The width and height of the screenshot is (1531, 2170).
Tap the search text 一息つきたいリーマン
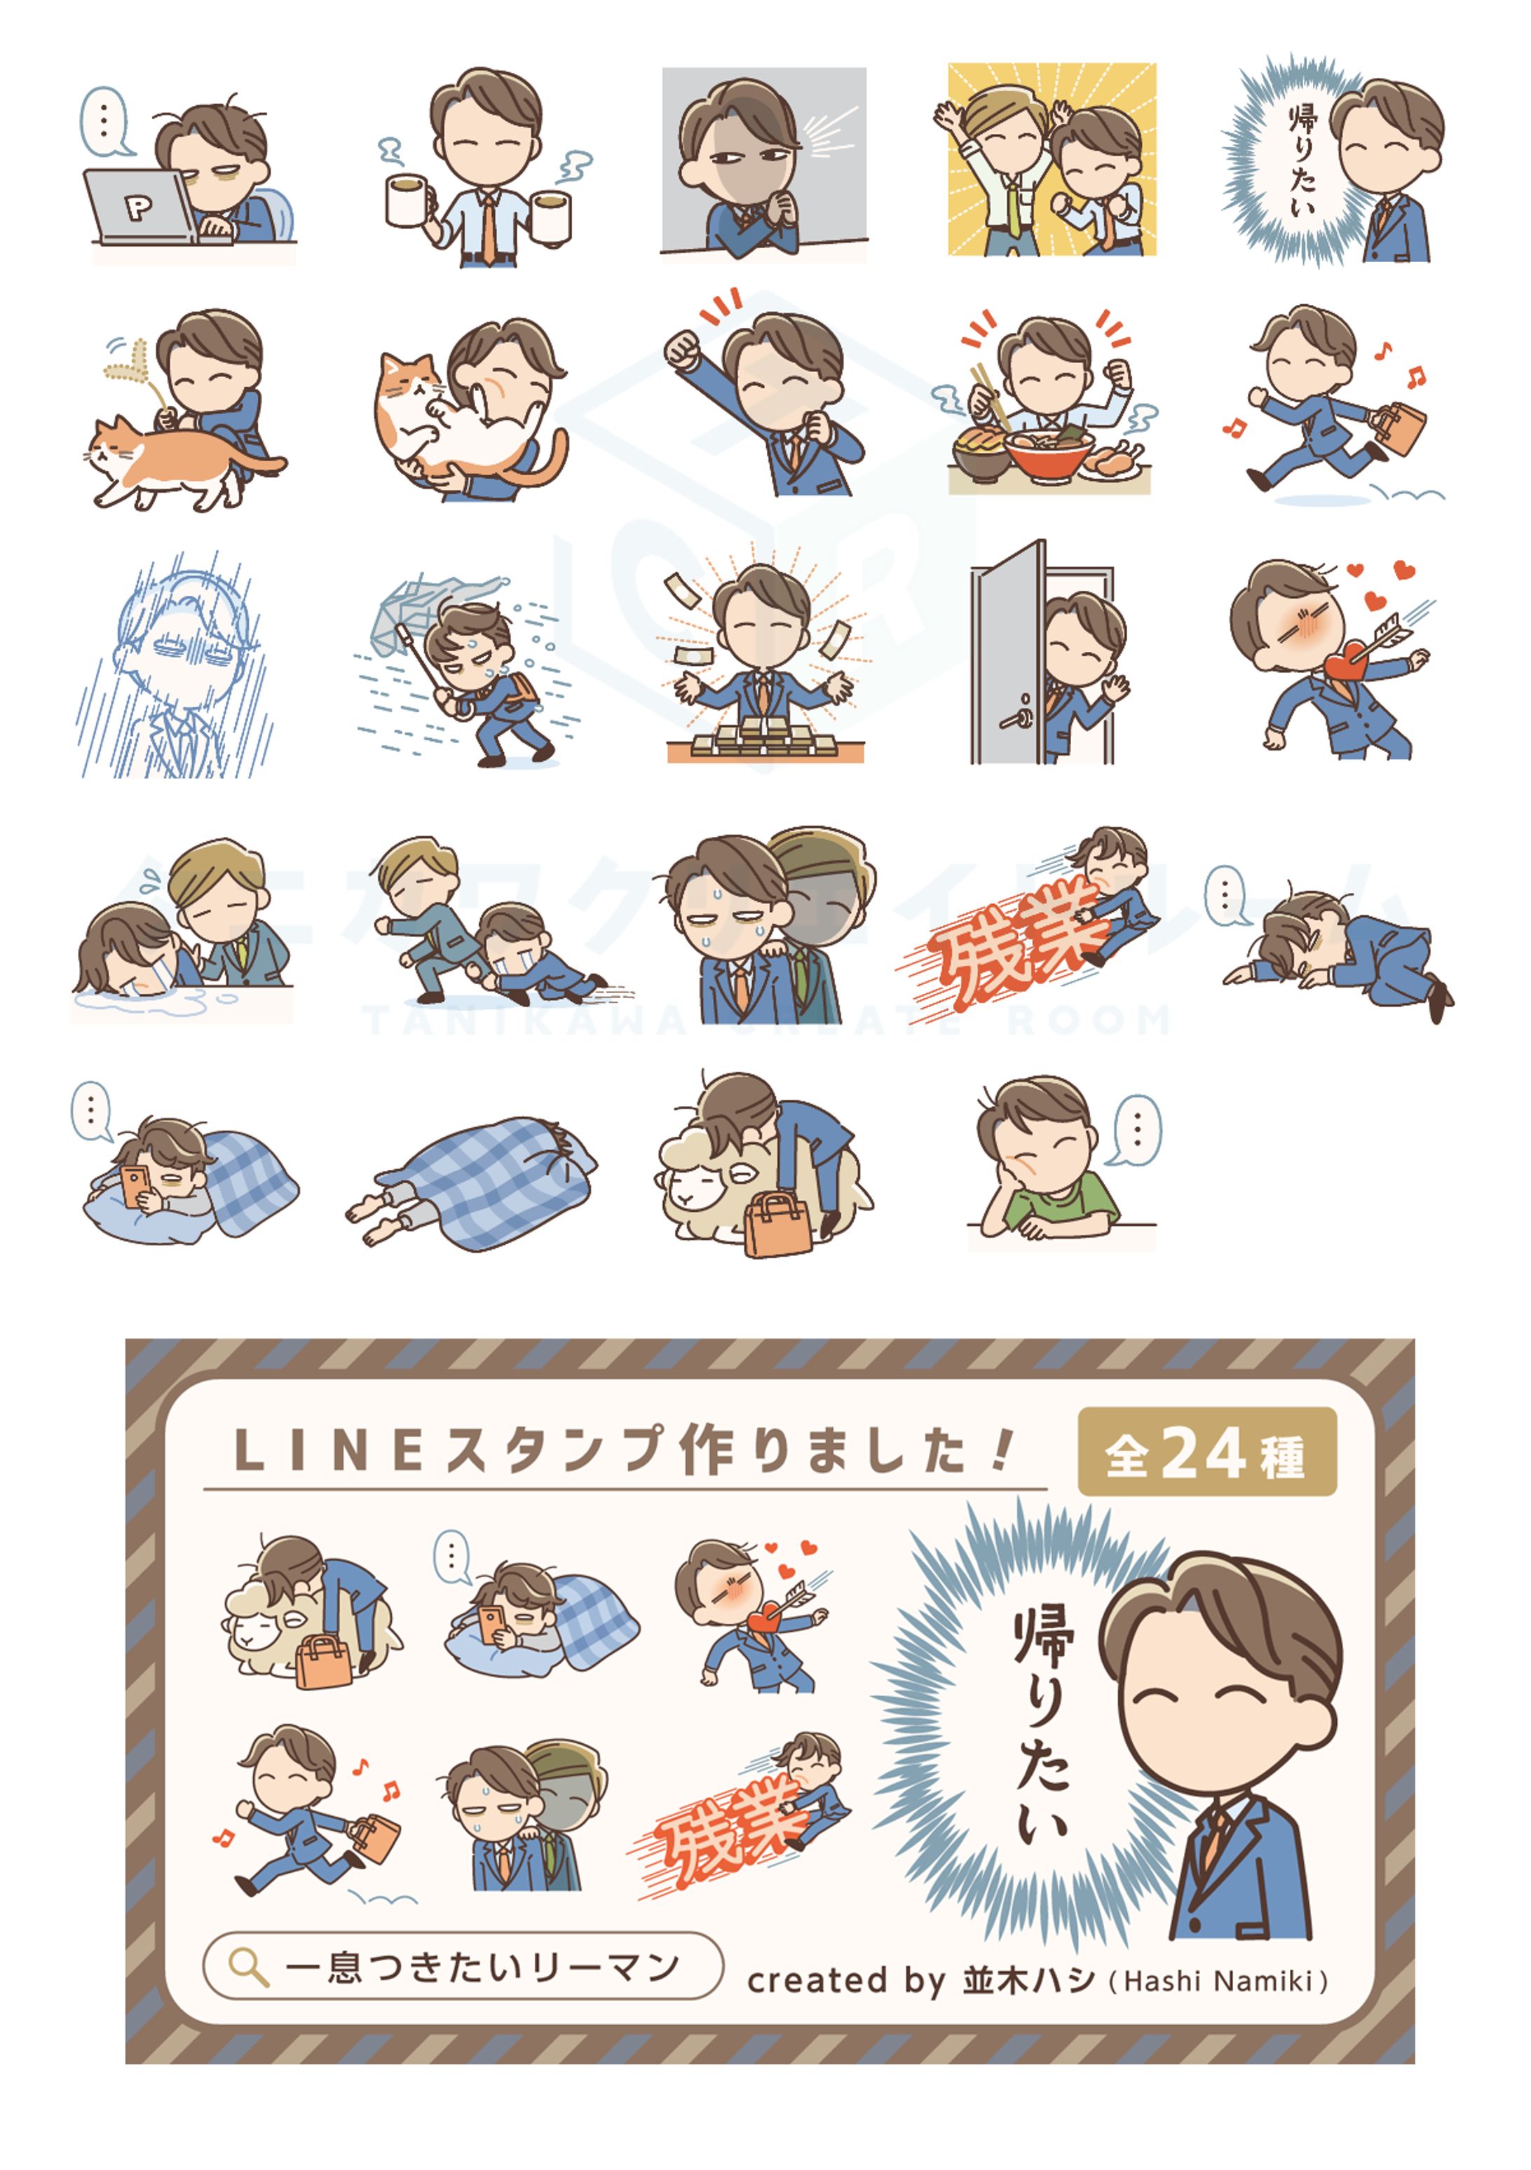pos(482,1967)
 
